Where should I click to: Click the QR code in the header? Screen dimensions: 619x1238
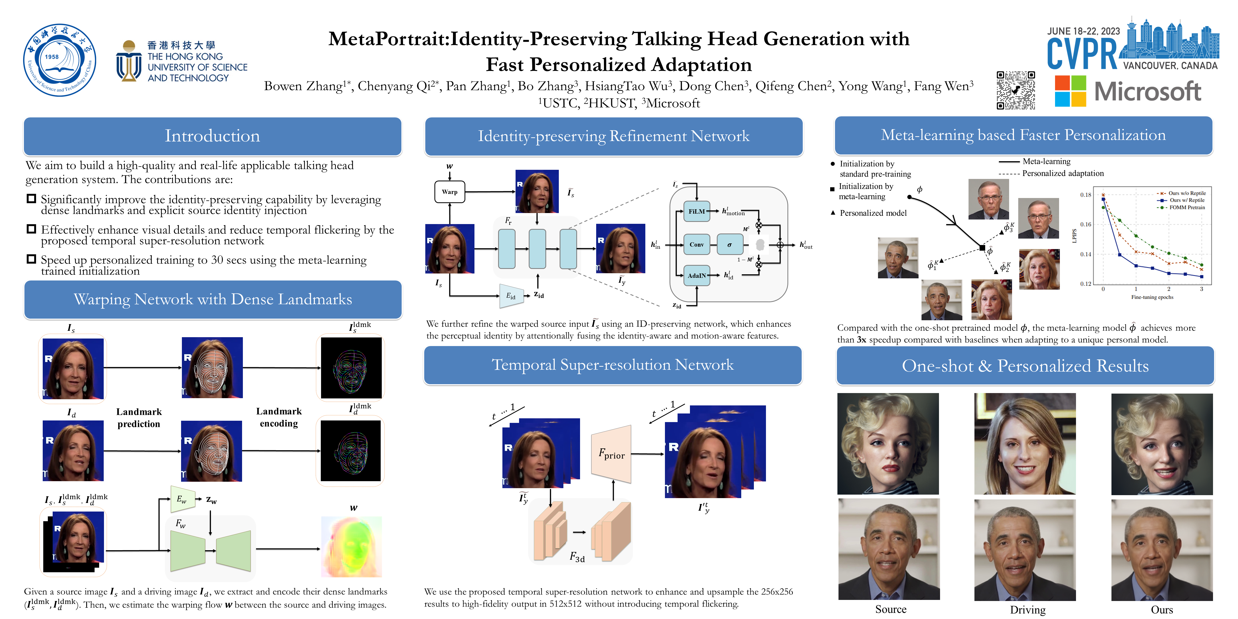coord(1016,90)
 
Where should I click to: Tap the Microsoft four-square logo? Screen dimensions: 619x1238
coord(1070,91)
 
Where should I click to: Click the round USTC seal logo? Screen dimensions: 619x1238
coord(60,60)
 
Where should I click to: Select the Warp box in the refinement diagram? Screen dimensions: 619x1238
coord(449,192)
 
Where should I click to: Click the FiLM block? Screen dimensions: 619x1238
coord(696,211)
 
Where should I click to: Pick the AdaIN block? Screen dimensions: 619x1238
coord(696,275)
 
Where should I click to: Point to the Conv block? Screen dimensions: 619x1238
coord(696,245)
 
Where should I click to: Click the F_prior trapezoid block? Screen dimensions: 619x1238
coord(611,454)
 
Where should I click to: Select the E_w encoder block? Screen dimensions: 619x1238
coord(182,499)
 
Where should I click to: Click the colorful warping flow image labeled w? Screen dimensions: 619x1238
coord(351,546)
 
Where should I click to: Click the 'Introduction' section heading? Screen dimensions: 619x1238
coord(213,136)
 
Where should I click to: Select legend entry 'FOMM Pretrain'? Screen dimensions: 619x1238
coord(1187,208)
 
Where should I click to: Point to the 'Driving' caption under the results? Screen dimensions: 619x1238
coord(1027,609)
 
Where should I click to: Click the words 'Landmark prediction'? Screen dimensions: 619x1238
coord(139,418)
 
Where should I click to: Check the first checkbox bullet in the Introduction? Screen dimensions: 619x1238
coord(31,199)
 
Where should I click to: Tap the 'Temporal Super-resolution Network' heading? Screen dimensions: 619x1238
coord(613,365)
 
